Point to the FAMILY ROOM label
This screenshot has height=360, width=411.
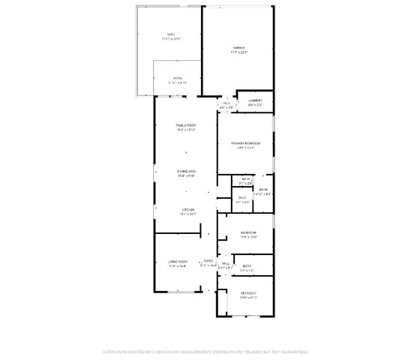186,124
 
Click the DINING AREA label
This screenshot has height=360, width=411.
186,172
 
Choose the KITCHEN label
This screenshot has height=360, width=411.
188,210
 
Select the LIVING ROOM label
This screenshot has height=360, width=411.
177,261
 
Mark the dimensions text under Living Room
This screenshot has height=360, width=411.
177,266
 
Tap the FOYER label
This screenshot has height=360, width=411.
208,261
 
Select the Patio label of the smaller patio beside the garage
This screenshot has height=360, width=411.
178,77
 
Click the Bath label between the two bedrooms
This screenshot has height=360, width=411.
247,266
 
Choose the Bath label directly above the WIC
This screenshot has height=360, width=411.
245,178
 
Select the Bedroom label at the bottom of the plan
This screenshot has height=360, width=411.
248,292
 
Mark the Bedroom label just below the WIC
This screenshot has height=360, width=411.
248,232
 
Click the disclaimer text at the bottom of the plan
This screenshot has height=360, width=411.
205,351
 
